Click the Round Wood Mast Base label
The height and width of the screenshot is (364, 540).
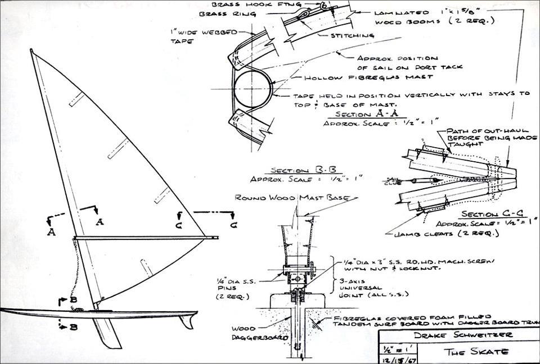click(292, 198)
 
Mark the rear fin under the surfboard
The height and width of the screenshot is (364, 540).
click(185, 321)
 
